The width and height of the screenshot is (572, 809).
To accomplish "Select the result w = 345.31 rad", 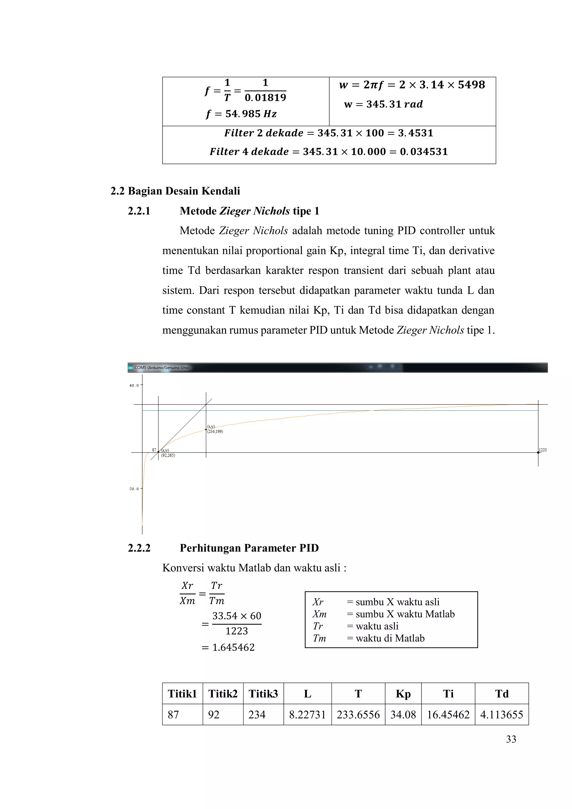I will pyautogui.click(x=383, y=104).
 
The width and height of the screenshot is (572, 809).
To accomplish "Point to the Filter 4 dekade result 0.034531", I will pyautogui.click(x=424, y=152).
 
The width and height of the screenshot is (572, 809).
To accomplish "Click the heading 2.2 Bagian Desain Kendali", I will pyautogui.click(x=175, y=191).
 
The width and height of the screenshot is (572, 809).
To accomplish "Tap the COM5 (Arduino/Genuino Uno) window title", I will pyautogui.click(x=162, y=367).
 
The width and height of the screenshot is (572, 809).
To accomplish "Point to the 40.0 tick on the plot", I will pyautogui.click(x=134, y=385).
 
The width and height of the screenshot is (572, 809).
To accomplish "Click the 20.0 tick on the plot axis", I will pyautogui.click(x=134, y=489).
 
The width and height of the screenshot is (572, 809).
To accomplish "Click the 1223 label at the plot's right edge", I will pyautogui.click(x=542, y=450).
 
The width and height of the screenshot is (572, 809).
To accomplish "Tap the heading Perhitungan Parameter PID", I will pyautogui.click(x=249, y=548).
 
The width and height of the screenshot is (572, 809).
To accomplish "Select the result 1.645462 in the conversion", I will pyautogui.click(x=233, y=647).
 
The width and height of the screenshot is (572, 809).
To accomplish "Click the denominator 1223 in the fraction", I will pyautogui.click(x=237, y=631).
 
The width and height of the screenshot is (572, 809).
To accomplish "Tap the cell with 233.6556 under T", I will pyautogui.click(x=358, y=715).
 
